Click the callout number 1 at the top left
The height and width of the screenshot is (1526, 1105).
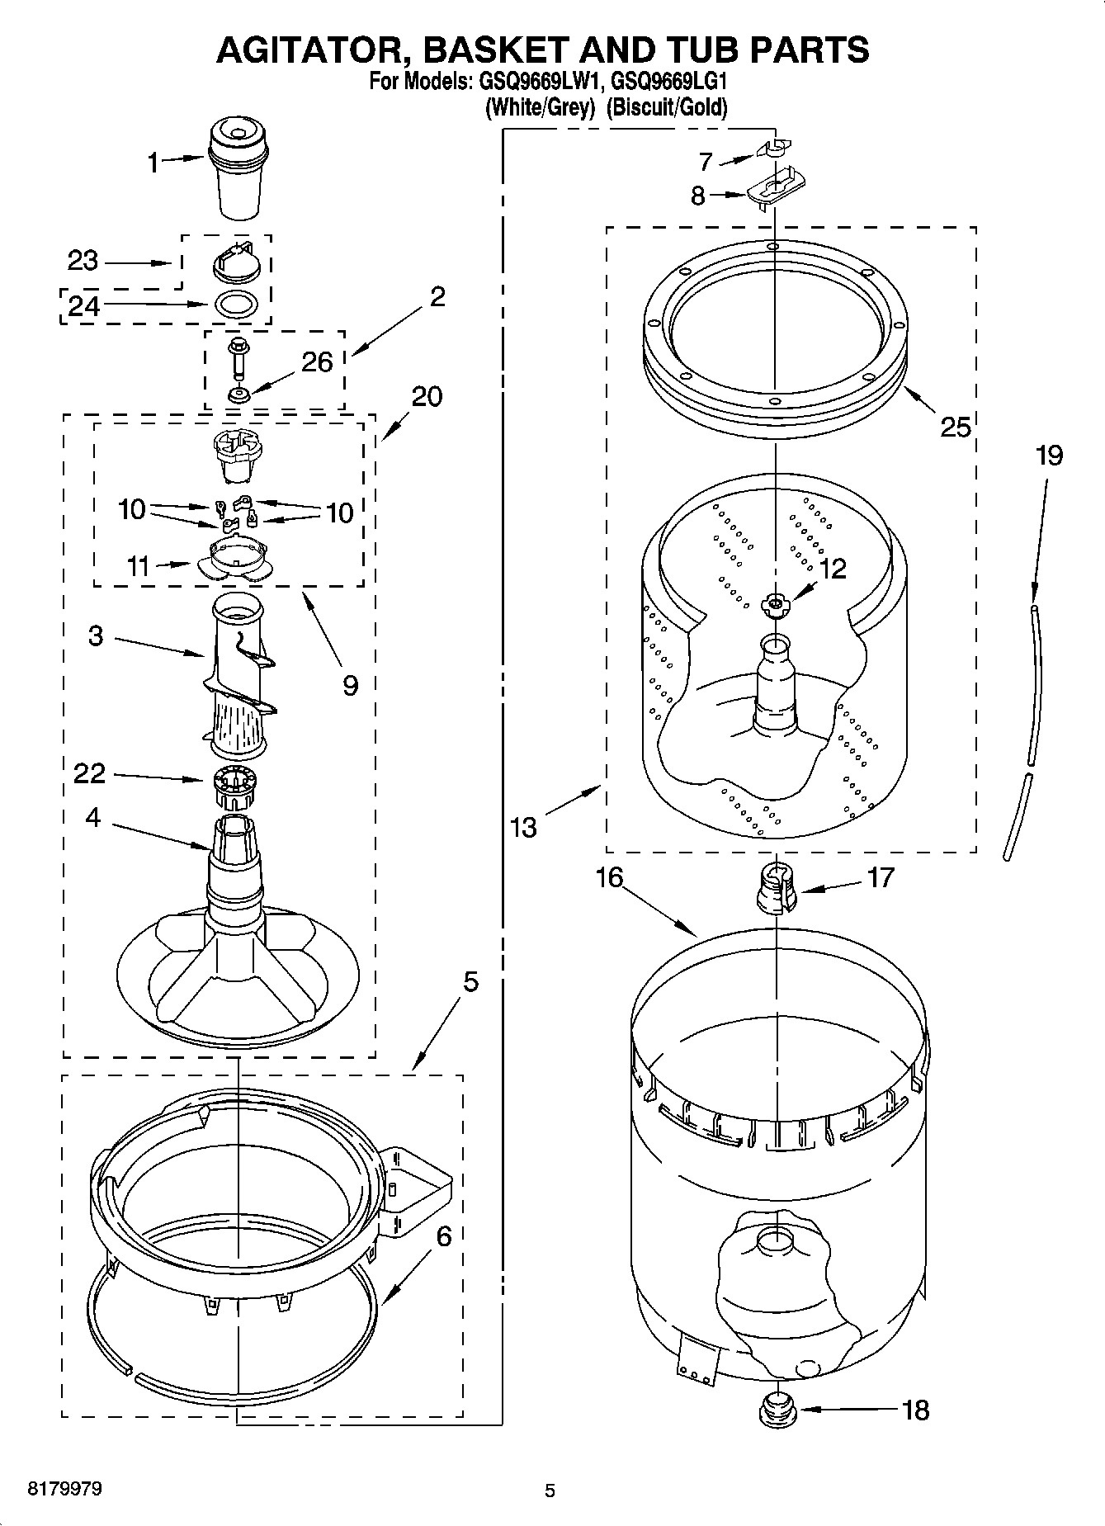pos(153,163)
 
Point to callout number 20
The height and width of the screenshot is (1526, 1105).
pos(426,397)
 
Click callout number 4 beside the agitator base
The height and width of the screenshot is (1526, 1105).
pos(92,818)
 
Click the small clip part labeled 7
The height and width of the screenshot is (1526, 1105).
pos(774,149)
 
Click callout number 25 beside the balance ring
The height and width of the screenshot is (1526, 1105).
pos(956,427)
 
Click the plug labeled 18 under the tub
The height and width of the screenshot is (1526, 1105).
pos(774,1409)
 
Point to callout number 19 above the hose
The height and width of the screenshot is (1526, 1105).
pos(1049,456)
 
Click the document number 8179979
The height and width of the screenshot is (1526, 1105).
pos(65,1489)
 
